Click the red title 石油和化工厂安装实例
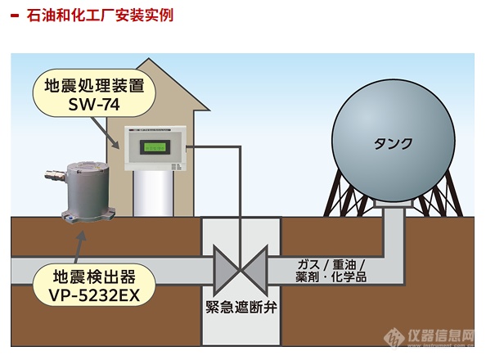(100, 16)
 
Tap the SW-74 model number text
(94, 104)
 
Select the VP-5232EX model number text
(94, 295)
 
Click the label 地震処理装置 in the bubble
(94, 85)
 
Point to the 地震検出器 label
(94, 277)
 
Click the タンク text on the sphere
(393, 143)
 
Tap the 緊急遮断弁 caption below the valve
(241, 308)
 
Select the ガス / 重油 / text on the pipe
(331, 265)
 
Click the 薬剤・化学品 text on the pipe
(331, 277)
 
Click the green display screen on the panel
(155, 147)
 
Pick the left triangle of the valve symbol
(226, 269)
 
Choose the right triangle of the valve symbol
(254, 269)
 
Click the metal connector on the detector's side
(55, 174)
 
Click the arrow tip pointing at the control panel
(119, 148)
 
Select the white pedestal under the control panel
(153, 193)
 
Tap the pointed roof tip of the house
(148, 59)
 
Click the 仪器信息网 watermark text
(441, 335)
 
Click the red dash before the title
(15, 16)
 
